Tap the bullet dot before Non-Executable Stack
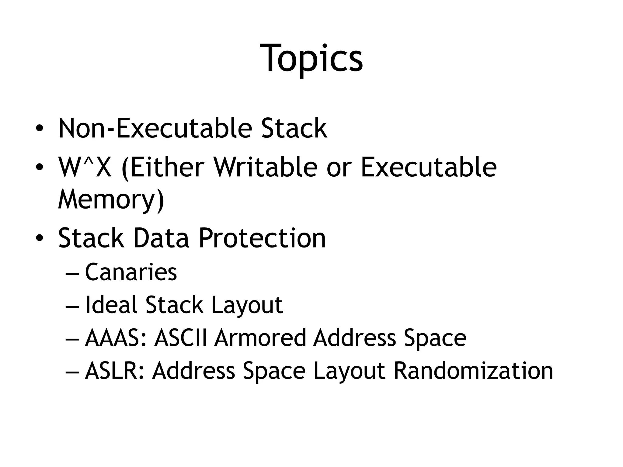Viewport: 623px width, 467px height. point(39,129)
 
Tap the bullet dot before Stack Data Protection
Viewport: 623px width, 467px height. point(39,238)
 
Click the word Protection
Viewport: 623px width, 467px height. point(262,238)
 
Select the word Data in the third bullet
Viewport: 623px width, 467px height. point(161,238)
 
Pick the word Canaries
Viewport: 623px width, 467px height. point(131,272)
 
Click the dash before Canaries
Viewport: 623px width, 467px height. point(72,273)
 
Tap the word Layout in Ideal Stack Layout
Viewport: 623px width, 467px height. point(247,305)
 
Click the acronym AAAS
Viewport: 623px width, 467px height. point(116,338)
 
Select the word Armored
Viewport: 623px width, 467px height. point(260,338)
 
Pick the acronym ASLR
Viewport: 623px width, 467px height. point(114,371)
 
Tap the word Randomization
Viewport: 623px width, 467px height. point(473,371)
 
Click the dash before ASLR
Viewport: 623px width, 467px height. point(72,372)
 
